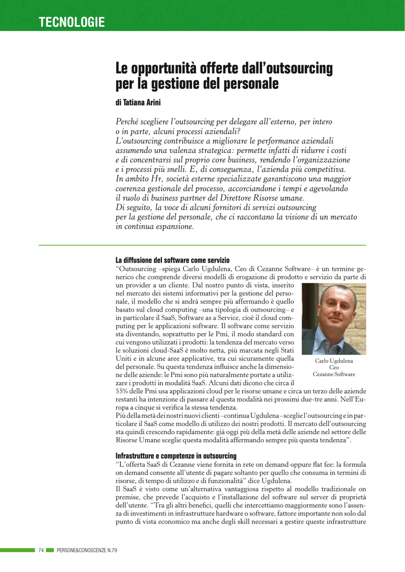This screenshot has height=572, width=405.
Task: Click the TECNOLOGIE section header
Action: (x=72, y=22)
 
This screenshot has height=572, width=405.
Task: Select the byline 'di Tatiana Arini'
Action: (x=138, y=103)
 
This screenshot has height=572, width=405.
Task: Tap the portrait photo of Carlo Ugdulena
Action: (x=333, y=318)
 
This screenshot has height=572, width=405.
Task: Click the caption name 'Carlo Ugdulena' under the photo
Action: (x=334, y=361)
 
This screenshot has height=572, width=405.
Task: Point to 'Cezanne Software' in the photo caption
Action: (x=334, y=374)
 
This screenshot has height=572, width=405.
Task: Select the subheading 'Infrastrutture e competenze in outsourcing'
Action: (x=175, y=456)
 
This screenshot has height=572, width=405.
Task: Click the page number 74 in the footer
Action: (x=41, y=550)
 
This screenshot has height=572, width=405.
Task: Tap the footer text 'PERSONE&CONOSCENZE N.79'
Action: (x=87, y=550)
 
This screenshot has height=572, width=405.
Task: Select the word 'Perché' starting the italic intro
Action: (x=128, y=122)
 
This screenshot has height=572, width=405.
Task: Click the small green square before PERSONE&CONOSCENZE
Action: (x=50, y=550)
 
